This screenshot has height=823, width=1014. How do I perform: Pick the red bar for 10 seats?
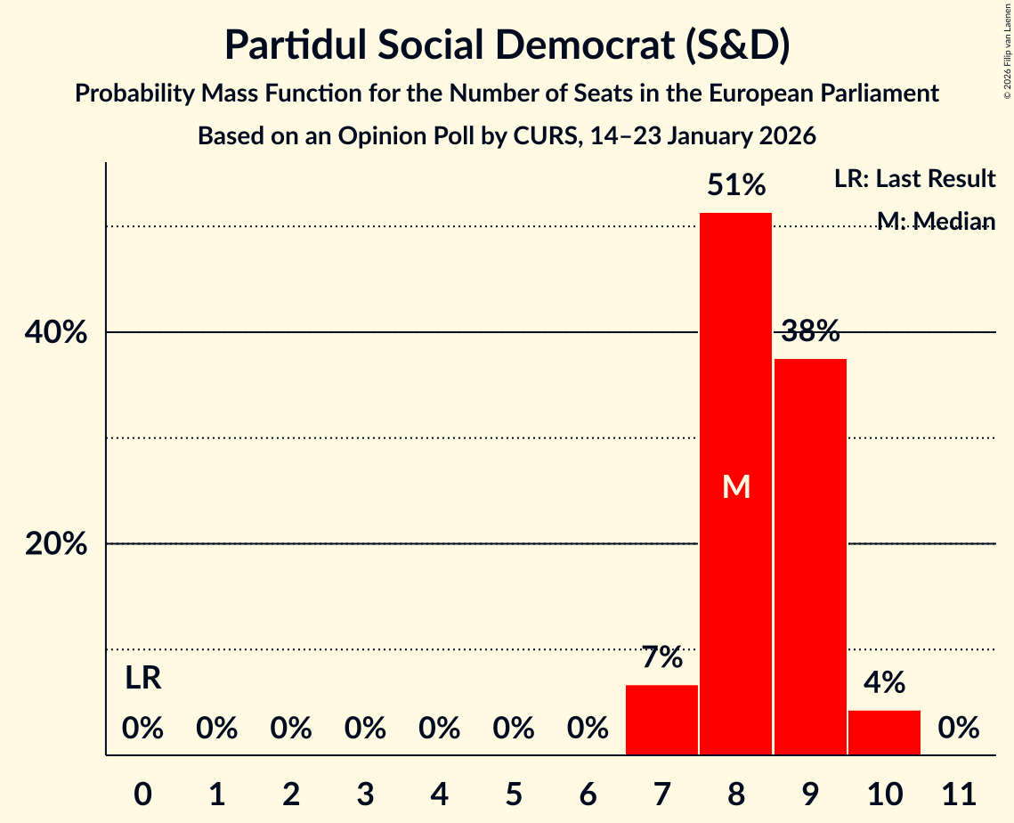(x=884, y=732)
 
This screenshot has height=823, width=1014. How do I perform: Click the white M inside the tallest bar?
(x=736, y=486)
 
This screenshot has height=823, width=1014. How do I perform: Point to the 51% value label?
(x=736, y=185)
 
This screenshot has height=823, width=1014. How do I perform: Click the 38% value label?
(x=810, y=332)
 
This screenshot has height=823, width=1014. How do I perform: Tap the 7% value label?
(x=662, y=658)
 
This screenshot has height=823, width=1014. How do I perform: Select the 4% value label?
(x=884, y=683)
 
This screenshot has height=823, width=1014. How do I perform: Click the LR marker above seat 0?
(x=142, y=679)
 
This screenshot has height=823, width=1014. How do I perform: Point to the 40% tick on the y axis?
(x=55, y=333)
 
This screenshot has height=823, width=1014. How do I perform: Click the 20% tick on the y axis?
(x=55, y=544)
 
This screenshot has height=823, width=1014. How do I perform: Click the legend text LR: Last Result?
(x=914, y=179)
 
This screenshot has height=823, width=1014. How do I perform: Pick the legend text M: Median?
(x=936, y=221)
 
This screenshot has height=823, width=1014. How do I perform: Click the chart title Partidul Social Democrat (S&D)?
(x=507, y=45)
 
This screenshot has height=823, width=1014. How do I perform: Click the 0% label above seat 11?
(x=958, y=729)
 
